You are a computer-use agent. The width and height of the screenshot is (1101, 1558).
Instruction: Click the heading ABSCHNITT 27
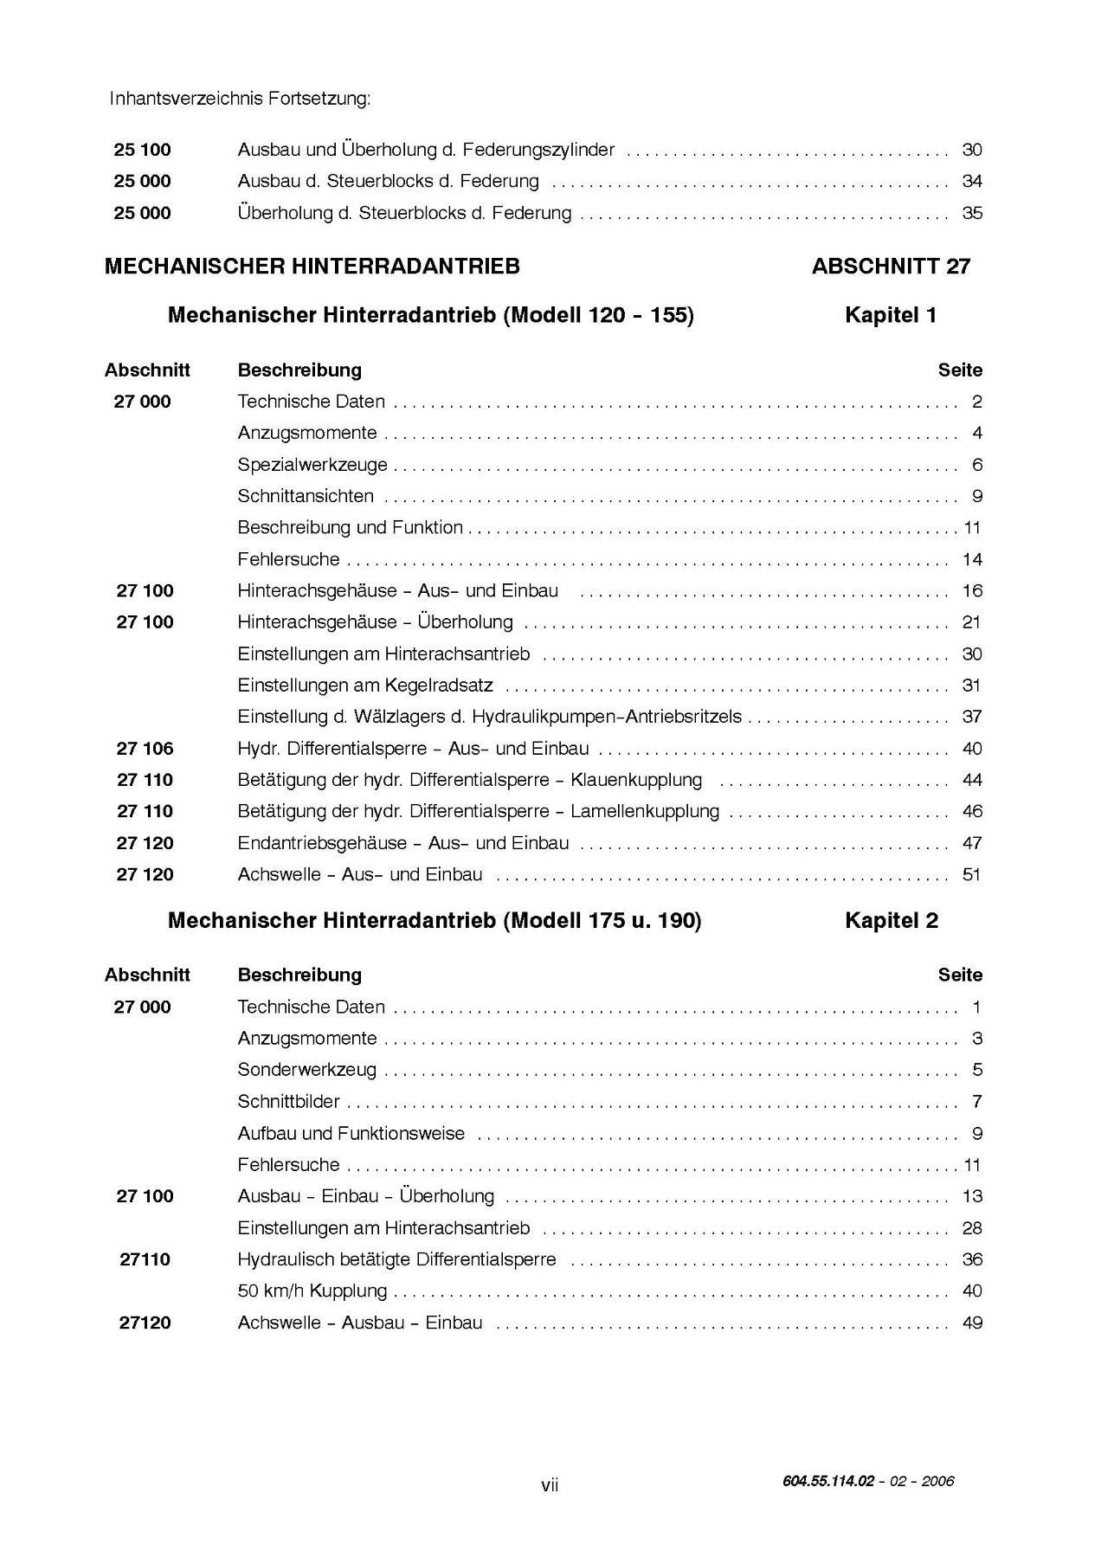point(891,267)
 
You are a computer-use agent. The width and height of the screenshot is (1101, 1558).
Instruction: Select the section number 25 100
point(143,150)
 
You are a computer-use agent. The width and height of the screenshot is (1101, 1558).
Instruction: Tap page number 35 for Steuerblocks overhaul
point(972,213)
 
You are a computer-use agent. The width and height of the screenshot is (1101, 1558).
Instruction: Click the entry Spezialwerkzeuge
point(312,465)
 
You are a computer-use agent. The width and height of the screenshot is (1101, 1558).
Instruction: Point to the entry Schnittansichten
point(306,496)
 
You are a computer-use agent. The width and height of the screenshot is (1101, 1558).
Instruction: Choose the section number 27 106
point(145,749)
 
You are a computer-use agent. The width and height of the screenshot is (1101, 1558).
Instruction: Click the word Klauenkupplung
point(636,780)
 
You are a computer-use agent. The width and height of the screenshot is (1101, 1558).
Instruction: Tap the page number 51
point(972,874)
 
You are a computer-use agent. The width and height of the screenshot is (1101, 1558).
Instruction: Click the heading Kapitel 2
point(891,921)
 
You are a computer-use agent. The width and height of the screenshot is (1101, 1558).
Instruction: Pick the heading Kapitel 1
point(891,316)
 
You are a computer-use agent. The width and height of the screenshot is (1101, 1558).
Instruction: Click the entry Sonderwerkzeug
point(307,1070)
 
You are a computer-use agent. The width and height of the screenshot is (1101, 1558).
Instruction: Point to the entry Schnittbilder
point(289,1102)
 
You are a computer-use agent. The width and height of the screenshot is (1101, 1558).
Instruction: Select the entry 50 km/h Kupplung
point(312,1291)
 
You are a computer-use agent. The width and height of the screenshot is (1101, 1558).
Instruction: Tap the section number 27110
point(145,1259)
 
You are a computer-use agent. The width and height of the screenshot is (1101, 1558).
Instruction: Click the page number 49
point(972,1323)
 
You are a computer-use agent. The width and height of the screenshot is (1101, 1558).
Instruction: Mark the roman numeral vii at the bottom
point(550,1485)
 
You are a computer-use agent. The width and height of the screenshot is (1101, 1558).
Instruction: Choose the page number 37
point(972,717)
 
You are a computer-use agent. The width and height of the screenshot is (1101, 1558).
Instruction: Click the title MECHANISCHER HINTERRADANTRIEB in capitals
point(312,267)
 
